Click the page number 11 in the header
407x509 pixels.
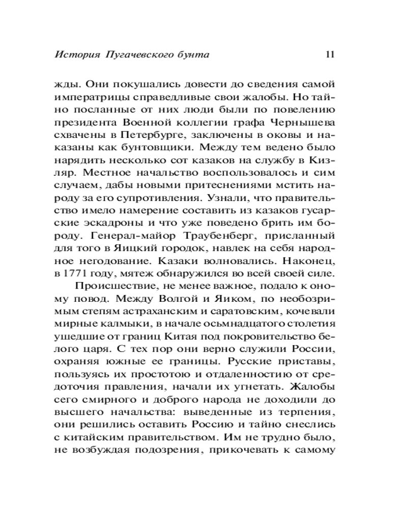coord(328,54)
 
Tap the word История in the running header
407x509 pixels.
coord(76,54)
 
